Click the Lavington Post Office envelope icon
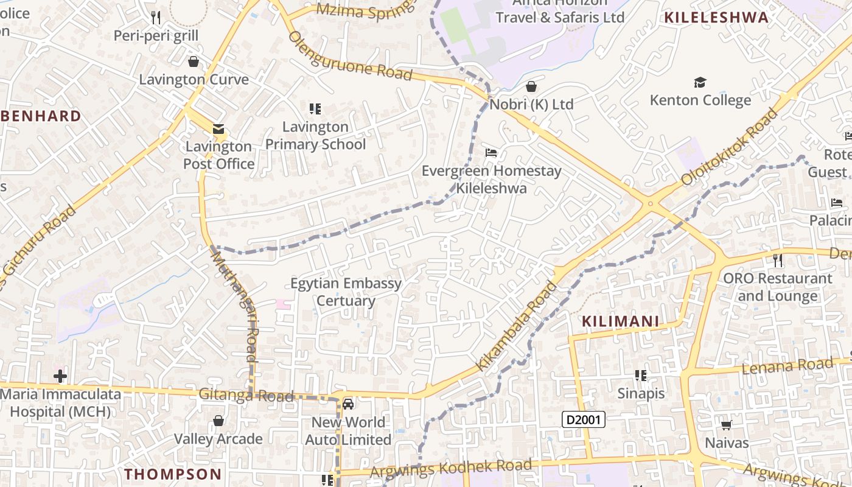(218, 129)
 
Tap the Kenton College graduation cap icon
(700, 82)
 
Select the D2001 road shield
(584, 419)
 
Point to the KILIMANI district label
(620, 321)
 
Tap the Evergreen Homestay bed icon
(491, 152)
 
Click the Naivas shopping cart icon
(726, 424)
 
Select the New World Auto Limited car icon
(348, 404)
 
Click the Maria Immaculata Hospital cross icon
(60, 376)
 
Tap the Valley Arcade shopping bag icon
(218, 421)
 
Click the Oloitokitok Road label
(730, 147)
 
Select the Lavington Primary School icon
(315, 109)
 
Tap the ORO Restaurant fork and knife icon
(777, 261)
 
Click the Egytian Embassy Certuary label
(346, 292)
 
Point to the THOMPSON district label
(173, 474)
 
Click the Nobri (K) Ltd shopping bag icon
(531, 86)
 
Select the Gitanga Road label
(246, 395)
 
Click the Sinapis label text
(641, 393)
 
